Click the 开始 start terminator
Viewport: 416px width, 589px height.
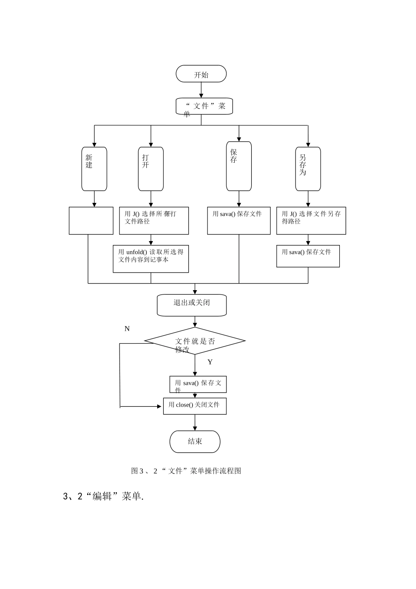point(201,74)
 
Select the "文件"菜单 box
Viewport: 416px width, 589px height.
point(204,106)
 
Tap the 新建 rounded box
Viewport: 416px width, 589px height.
point(94,169)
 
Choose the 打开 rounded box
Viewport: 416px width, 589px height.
point(151,169)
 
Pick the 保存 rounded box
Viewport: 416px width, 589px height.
point(239,166)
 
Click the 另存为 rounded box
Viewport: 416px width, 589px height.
point(308,169)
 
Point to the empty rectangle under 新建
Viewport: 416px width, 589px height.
point(91,221)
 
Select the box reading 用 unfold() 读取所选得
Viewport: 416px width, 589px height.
point(151,259)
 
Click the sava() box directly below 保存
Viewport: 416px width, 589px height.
point(239,221)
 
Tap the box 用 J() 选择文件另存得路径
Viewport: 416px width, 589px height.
point(311,221)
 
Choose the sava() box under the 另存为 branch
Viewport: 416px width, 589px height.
point(308,256)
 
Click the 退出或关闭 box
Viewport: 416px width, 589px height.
point(192,305)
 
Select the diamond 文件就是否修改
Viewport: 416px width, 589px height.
point(195,341)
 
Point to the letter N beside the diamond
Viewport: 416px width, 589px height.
point(127,329)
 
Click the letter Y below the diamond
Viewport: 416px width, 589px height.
point(210,362)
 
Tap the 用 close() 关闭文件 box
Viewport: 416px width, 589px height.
point(195,406)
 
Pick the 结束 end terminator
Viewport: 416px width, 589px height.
point(195,441)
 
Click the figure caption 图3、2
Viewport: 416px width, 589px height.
point(186,471)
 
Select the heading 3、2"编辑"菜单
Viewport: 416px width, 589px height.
point(104,497)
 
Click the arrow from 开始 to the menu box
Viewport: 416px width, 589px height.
point(201,90)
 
